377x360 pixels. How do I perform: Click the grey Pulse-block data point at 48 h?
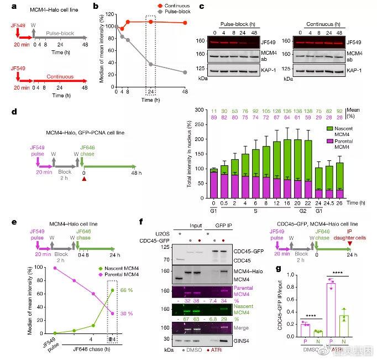[185, 72]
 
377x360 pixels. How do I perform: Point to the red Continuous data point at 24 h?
[150, 22]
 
